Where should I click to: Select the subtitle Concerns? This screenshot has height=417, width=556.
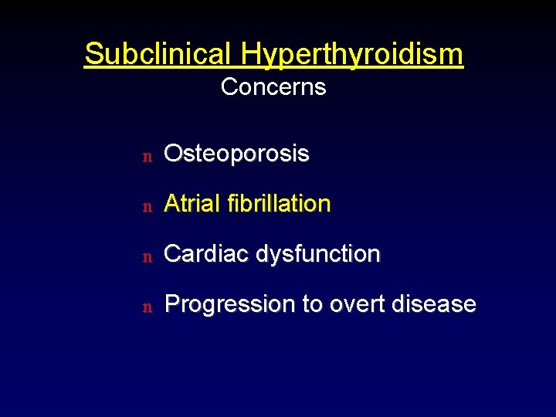pyautogui.click(x=273, y=87)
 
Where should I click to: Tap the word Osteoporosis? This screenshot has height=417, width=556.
pyautogui.click(x=237, y=154)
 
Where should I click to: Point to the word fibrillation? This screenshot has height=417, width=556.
pyautogui.click(x=280, y=204)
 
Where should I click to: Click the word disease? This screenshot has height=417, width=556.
pyautogui.click(x=433, y=304)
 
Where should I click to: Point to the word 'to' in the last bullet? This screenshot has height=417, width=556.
pyautogui.click(x=312, y=304)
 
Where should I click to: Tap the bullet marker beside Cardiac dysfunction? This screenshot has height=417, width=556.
pyautogui.click(x=146, y=256)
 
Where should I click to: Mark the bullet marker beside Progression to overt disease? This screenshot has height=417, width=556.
pyautogui.click(x=146, y=307)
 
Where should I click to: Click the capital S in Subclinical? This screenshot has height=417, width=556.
pyautogui.click(x=93, y=54)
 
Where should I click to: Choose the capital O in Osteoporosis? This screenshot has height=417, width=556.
pyautogui.click(x=174, y=154)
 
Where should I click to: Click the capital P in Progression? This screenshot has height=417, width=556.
pyautogui.click(x=172, y=304)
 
